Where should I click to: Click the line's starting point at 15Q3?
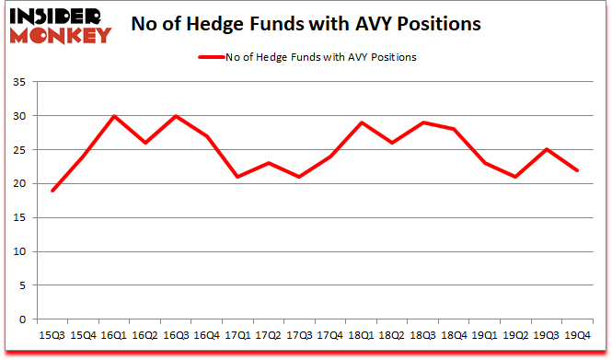click(53, 191)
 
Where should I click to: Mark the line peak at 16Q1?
click(114, 116)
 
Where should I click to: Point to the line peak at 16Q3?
click(176, 116)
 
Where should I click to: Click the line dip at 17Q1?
click(237, 177)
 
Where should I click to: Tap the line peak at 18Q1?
click(359, 122)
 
